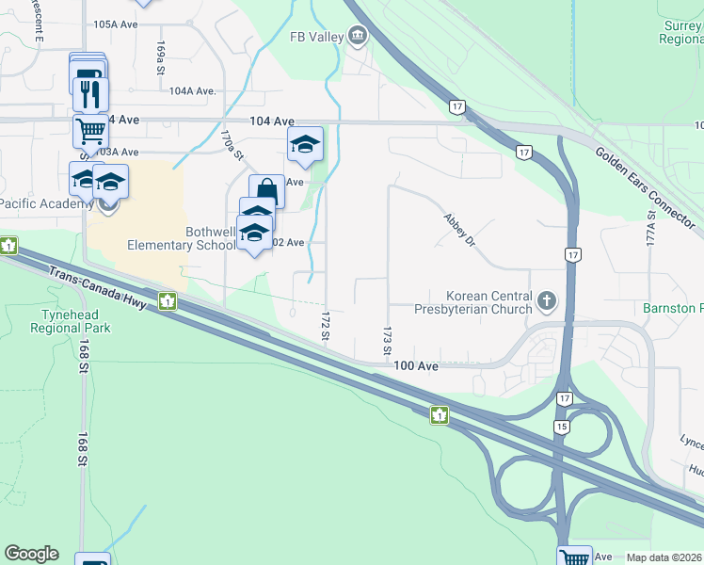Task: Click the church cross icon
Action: (548, 302)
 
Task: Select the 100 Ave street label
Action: (417, 365)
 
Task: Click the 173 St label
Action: (387, 341)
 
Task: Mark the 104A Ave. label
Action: (193, 91)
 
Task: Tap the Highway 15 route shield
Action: (561, 427)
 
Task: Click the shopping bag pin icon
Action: (266, 191)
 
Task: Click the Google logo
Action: (31, 554)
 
